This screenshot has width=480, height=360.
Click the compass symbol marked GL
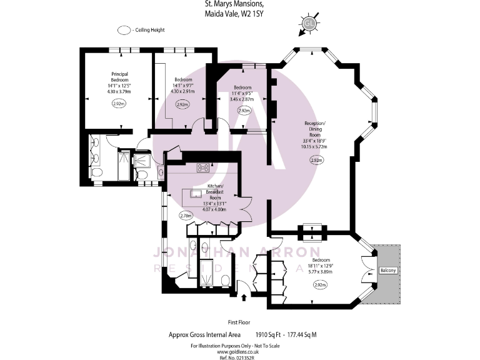click(308, 24)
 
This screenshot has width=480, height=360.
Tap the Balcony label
click(388, 270)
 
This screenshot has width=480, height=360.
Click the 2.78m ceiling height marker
click(185, 216)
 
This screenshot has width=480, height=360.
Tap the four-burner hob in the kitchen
click(204, 167)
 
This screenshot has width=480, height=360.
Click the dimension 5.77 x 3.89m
click(321, 272)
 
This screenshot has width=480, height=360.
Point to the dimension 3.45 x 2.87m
click(242, 99)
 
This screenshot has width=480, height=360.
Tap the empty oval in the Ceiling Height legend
click(123, 30)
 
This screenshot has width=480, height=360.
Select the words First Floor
click(239, 322)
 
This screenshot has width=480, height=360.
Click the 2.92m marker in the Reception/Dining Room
click(316, 161)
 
